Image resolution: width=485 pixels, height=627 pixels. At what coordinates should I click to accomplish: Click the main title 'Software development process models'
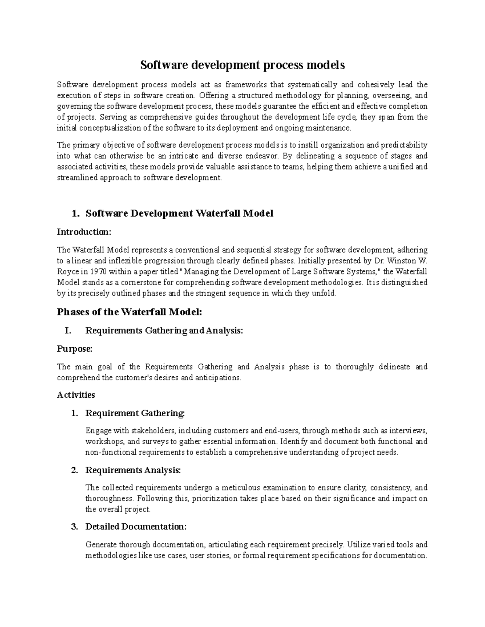click(242, 65)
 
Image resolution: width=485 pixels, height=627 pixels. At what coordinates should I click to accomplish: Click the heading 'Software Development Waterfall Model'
click(179, 213)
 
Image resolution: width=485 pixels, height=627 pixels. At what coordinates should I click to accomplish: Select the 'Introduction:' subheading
click(84, 232)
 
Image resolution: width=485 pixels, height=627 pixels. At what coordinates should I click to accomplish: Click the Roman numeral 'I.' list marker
click(68, 331)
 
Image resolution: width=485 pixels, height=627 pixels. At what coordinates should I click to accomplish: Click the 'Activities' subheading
click(76, 395)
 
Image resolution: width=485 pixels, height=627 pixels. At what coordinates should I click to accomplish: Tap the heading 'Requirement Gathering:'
click(135, 413)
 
